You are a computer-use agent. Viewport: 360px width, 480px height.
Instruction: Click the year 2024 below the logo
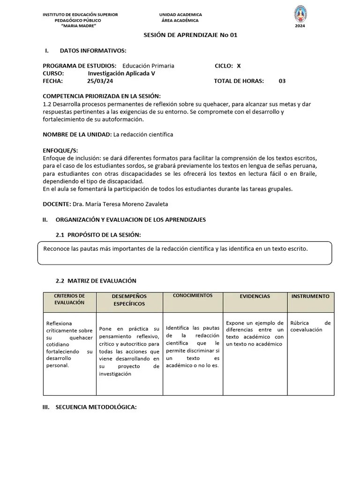tap(300, 26)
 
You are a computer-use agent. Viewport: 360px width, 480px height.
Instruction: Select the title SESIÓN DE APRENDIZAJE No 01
tap(187, 36)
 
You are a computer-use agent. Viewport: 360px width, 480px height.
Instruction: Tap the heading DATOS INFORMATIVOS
tap(93, 51)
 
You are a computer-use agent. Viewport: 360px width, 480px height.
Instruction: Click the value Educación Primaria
tap(148, 66)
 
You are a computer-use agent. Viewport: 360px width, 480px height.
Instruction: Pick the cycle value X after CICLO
tap(239, 66)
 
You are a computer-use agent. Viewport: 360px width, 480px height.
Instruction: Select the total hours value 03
tap(282, 81)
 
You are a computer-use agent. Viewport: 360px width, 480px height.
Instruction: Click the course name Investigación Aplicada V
tap(121, 73)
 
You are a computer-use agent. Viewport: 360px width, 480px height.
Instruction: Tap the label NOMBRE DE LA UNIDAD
tap(77, 135)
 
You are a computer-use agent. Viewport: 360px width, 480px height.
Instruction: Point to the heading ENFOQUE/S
tap(60, 150)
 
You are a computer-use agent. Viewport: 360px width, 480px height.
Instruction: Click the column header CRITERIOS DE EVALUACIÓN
tap(69, 299)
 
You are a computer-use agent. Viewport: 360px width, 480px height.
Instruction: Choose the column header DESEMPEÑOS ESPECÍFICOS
tap(129, 300)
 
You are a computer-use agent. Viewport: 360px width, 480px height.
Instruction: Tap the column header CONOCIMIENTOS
tap(193, 296)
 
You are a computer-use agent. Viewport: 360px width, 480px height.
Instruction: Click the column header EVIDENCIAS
tap(255, 296)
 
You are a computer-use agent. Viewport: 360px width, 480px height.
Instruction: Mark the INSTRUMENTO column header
tap(310, 296)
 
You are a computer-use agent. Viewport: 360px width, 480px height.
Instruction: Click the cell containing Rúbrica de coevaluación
tap(310, 326)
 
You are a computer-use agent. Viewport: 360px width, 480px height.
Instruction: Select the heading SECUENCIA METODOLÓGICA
tap(96, 407)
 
